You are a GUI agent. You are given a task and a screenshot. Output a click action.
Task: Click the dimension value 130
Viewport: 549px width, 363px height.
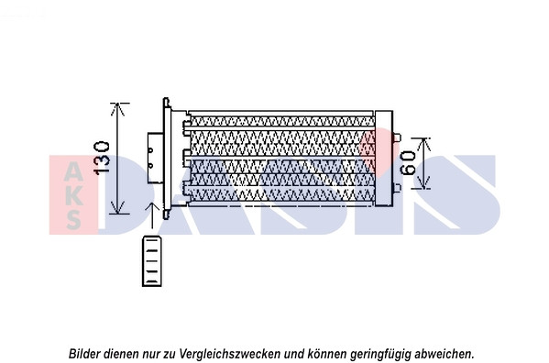[x=102, y=158]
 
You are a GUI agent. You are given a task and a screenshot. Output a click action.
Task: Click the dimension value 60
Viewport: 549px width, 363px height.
[x=408, y=163]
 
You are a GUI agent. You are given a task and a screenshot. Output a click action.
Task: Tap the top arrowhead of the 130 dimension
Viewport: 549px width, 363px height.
[x=117, y=109]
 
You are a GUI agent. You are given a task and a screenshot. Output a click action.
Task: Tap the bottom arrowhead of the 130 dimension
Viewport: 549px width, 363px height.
[x=117, y=207]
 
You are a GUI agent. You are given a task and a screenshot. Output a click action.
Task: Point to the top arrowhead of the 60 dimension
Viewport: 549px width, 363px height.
[x=424, y=144]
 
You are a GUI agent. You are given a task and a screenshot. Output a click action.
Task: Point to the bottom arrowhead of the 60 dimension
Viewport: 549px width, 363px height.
[x=424, y=183]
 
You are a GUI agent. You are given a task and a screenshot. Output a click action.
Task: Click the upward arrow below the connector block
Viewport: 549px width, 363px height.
[x=152, y=214]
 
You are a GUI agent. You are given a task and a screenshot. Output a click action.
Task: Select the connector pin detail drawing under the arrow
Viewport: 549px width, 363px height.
[x=152, y=261]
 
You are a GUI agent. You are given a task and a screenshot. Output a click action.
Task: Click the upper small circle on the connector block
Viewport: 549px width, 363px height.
[x=151, y=150]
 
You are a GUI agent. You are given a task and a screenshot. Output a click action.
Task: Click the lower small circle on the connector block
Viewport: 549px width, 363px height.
[x=151, y=165]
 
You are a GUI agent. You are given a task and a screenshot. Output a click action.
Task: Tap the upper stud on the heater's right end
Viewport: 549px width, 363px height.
[x=397, y=137]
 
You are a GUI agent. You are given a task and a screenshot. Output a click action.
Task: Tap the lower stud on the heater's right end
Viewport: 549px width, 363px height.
[x=397, y=188]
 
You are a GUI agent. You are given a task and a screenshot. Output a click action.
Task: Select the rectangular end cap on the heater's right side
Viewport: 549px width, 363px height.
[x=384, y=159]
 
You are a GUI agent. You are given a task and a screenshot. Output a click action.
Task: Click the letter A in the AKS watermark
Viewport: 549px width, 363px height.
[x=74, y=171]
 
